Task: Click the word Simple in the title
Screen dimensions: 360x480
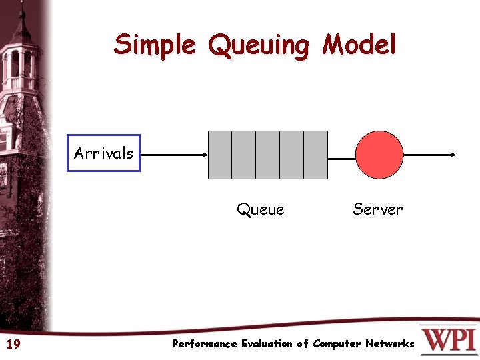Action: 155,45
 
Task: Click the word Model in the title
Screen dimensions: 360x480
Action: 359,45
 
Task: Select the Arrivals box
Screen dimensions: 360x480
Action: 103,153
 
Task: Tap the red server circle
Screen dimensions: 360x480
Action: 379,155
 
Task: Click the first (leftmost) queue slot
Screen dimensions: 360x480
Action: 220,155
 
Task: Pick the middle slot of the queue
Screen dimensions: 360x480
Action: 267,155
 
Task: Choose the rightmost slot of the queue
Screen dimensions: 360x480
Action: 315,155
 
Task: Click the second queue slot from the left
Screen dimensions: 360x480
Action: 243,155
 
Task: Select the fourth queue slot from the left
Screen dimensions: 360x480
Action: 291,155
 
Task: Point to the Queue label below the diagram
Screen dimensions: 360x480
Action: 260,209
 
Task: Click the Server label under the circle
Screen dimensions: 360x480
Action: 378,209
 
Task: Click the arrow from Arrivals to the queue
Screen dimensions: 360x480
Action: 175,155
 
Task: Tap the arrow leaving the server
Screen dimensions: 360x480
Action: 430,155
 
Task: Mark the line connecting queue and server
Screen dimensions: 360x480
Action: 341,159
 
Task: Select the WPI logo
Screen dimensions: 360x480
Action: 448,340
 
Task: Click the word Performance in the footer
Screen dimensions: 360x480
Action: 205,344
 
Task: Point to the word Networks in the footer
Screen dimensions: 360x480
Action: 389,344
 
